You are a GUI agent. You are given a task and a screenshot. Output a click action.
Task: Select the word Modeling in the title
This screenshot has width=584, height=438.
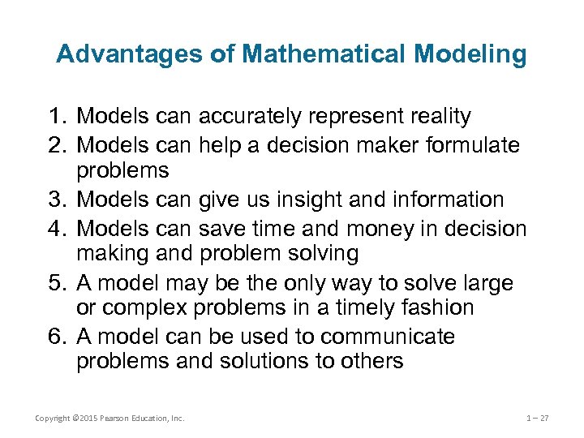[470, 54]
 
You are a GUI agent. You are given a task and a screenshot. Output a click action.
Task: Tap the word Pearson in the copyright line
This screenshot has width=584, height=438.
[116, 419]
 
